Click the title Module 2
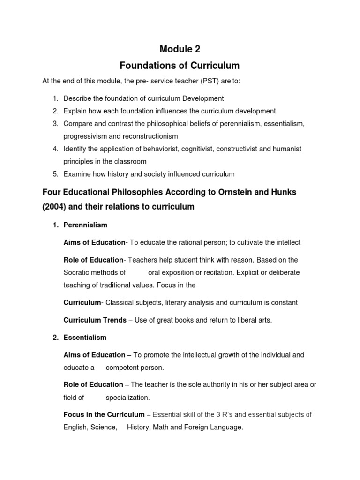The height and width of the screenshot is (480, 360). point(180,49)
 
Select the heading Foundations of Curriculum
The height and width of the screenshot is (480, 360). point(180,65)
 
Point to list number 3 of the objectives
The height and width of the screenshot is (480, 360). point(55,124)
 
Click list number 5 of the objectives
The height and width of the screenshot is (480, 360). point(55,174)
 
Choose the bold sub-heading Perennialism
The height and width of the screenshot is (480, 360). point(85,225)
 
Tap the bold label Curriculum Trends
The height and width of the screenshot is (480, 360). point(95,320)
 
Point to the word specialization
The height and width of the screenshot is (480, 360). point(127,397)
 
